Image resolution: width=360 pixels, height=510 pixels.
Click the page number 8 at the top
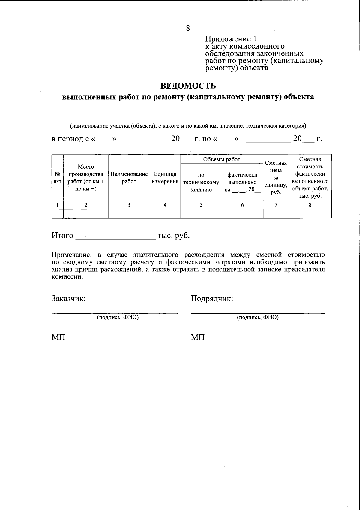(x=188, y=28)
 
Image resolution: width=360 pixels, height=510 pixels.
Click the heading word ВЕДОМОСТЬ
(x=188, y=86)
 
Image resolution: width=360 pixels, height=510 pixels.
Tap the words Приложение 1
(x=231, y=39)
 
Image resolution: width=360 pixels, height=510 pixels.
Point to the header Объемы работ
(x=222, y=159)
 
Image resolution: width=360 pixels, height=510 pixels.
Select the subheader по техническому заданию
(x=201, y=182)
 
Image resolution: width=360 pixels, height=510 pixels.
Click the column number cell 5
(x=201, y=205)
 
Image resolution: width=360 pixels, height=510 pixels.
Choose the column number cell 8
(x=310, y=205)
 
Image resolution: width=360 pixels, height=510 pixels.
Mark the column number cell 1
(x=58, y=205)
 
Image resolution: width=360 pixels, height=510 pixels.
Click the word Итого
(x=62, y=236)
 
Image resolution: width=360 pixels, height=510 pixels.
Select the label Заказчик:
(x=69, y=299)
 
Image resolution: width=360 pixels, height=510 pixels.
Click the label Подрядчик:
(x=212, y=299)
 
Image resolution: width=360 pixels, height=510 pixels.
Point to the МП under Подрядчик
(x=198, y=338)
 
